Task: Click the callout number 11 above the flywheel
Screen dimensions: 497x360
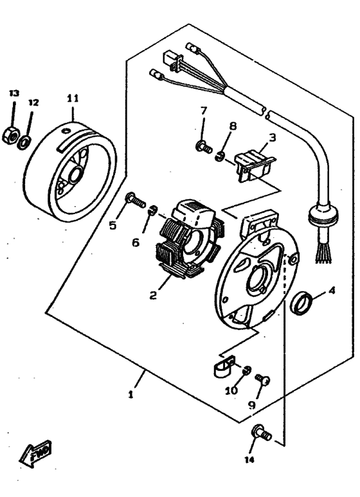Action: [x=72, y=98]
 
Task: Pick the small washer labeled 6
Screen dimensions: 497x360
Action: [x=153, y=211]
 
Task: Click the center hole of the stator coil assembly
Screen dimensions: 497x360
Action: [x=193, y=241]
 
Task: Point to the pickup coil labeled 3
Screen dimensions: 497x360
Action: [x=255, y=164]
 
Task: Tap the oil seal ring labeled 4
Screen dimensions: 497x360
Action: [x=302, y=302]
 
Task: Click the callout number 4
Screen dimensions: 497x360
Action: [x=332, y=290]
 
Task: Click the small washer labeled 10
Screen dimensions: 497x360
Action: [x=246, y=370]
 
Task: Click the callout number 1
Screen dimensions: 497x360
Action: [x=130, y=395]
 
